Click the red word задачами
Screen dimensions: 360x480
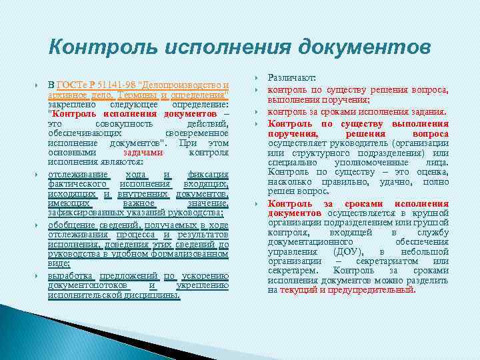(x=143, y=151)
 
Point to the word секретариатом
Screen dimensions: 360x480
(x=406, y=261)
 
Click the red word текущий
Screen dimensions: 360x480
(x=299, y=290)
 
